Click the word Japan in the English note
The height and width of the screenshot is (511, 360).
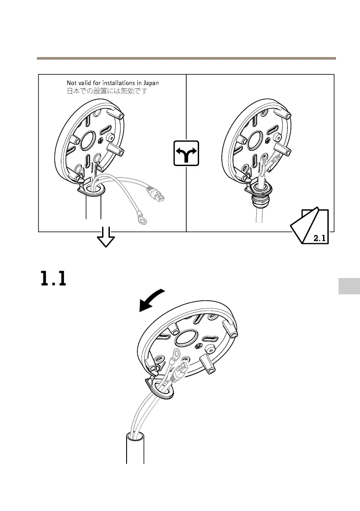tap(150, 82)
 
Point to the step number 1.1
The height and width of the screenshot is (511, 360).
tap(53, 278)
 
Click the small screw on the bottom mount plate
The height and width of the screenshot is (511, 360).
tap(198, 345)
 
